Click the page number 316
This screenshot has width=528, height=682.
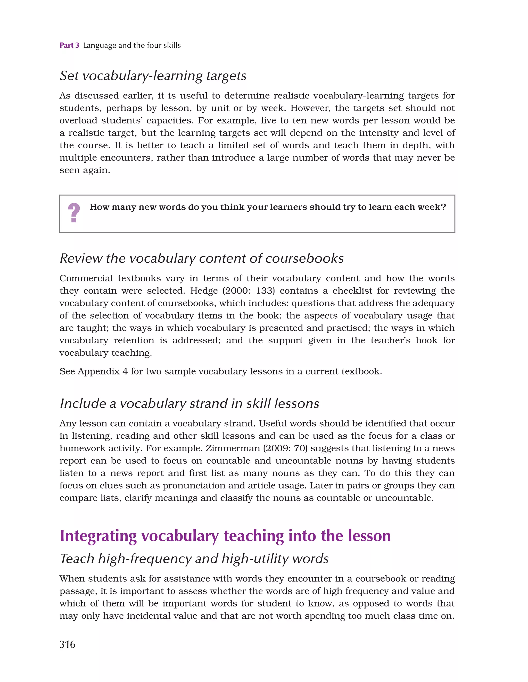[67, 645]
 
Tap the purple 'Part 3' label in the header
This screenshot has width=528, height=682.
[69, 45]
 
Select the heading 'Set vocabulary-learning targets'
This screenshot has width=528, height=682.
[153, 76]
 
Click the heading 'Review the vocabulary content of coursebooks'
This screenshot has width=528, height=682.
[202, 258]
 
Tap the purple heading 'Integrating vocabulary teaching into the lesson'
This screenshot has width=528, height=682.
[225, 536]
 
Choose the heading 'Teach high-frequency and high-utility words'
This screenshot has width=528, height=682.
[194, 559]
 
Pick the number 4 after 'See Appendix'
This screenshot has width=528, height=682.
[125, 372]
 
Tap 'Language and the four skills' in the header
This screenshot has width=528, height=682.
[132, 45]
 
